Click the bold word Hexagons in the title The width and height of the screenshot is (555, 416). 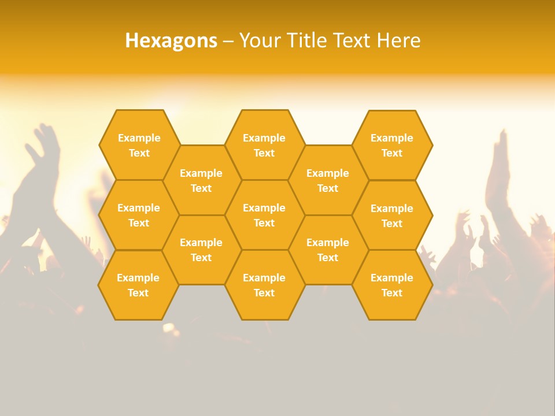(x=171, y=40)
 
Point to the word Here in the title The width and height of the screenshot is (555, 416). (x=398, y=40)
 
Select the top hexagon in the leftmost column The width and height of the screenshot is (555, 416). (x=139, y=145)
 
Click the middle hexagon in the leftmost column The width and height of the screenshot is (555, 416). (x=139, y=215)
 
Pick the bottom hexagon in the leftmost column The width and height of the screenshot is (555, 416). (x=138, y=285)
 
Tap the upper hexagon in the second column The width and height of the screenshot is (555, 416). (x=201, y=180)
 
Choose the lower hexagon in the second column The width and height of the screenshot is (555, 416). (x=201, y=250)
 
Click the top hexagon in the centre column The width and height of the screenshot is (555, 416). (x=264, y=145)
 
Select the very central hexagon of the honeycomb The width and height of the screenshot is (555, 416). (x=264, y=215)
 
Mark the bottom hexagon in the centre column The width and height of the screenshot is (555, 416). (x=264, y=285)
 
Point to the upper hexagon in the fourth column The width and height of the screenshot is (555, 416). (x=328, y=180)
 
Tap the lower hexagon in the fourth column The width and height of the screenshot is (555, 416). (x=328, y=250)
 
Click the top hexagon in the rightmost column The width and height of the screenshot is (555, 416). (x=392, y=145)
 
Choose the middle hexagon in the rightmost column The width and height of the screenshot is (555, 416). (x=392, y=216)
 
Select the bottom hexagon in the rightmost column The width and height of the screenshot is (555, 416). (x=392, y=285)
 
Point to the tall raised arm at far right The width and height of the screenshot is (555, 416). (x=498, y=173)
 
